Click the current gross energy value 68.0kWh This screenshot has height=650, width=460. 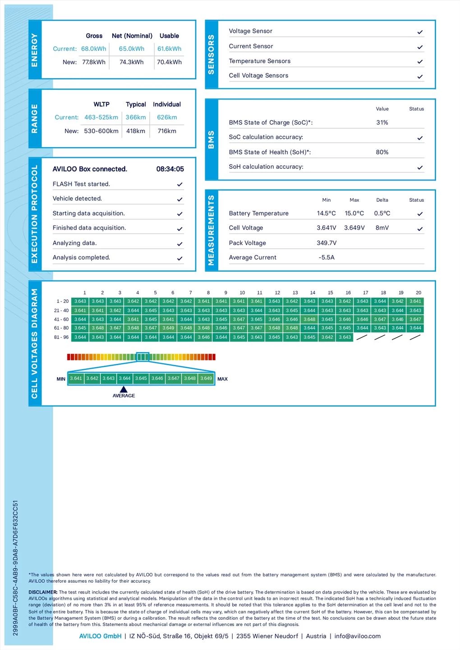click(x=94, y=49)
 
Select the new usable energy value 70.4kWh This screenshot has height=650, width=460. click(x=169, y=62)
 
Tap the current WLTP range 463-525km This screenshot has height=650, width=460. click(x=101, y=117)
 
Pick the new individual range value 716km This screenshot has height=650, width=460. click(x=167, y=131)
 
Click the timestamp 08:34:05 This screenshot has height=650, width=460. click(x=170, y=169)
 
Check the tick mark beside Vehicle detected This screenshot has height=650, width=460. click(x=179, y=199)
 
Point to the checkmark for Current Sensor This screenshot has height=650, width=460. click(x=420, y=47)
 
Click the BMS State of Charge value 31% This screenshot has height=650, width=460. click(x=382, y=122)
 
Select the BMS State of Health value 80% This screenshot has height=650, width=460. click(x=382, y=152)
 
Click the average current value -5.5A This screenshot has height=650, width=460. click(x=327, y=257)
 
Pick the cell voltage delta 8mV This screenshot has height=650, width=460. click(x=382, y=228)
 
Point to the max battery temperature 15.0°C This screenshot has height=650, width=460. click(x=354, y=214)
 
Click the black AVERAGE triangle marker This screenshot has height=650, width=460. click(x=124, y=390)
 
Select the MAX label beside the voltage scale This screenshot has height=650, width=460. click(x=222, y=379)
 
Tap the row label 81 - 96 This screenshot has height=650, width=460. click(x=61, y=337)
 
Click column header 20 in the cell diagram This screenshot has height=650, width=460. click(x=419, y=292)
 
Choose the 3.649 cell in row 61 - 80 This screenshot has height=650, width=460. click(x=168, y=328)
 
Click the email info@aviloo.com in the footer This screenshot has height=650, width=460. click(x=357, y=636)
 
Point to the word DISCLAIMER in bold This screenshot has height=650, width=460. click(x=43, y=592)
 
